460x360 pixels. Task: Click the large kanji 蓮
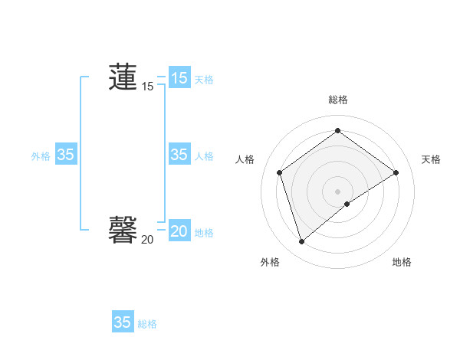[x=123, y=77]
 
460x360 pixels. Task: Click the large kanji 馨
[x=123, y=229]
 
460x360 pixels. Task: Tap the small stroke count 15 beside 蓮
[x=147, y=87]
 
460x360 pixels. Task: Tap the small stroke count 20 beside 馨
[x=147, y=240]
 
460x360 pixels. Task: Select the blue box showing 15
[x=179, y=77]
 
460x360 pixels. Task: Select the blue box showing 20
[x=179, y=231]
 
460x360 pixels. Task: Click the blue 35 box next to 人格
[x=179, y=155]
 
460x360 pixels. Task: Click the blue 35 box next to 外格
[x=65, y=155]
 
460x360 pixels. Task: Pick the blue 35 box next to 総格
[x=122, y=322]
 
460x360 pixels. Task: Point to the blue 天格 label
[x=204, y=79]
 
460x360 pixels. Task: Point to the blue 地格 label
[x=204, y=233]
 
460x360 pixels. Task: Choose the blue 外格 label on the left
[x=41, y=156]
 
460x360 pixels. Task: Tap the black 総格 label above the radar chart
[x=337, y=100]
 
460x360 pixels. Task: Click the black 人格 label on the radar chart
[x=245, y=159]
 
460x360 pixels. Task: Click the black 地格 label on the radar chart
[x=402, y=262]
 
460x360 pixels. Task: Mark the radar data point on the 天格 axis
[x=396, y=172]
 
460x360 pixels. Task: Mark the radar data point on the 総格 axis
[x=337, y=131]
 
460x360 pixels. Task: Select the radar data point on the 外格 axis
[x=301, y=242]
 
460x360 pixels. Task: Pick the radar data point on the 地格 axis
[x=347, y=203]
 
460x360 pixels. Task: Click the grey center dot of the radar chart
[x=337, y=191]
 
